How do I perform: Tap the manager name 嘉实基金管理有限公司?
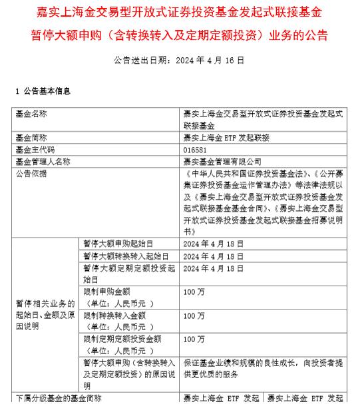(x=222, y=161)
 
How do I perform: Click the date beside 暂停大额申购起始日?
(x=209, y=244)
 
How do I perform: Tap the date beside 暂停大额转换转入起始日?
(x=209, y=256)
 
